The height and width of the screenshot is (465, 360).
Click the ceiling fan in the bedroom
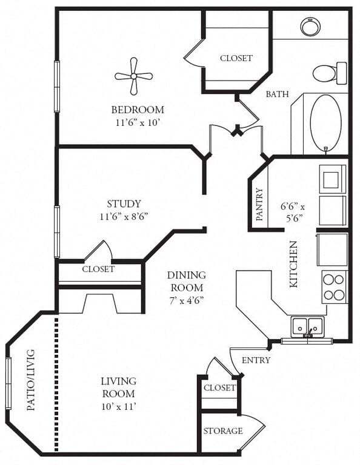coord(133,76)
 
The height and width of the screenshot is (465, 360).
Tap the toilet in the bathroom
coord(330,73)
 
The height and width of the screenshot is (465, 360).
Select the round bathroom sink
coord(310,27)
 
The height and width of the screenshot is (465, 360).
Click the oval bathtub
coord(325,123)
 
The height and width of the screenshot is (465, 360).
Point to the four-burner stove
coord(335,287)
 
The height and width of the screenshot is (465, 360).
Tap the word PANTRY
coord(259,204)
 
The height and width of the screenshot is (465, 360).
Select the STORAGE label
coord(223,430)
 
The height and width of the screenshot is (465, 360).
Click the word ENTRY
coord(256,360)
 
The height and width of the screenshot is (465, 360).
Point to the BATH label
coord(277,94)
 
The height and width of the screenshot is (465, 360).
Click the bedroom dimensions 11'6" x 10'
coord(138,123)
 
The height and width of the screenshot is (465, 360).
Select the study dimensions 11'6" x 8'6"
coord(124,217)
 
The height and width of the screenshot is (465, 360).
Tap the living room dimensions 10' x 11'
coord(119,406)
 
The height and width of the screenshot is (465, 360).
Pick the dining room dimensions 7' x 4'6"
coord(187,301)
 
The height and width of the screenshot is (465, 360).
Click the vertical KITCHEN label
coord(293,264)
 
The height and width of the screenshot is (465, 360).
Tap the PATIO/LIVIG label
coord(31,380)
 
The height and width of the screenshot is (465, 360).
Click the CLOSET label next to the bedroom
coord(236,58)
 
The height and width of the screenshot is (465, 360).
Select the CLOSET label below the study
coord(98,269)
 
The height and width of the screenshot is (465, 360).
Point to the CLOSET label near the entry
coord(219,387)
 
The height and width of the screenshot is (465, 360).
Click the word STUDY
coord(124,203)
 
